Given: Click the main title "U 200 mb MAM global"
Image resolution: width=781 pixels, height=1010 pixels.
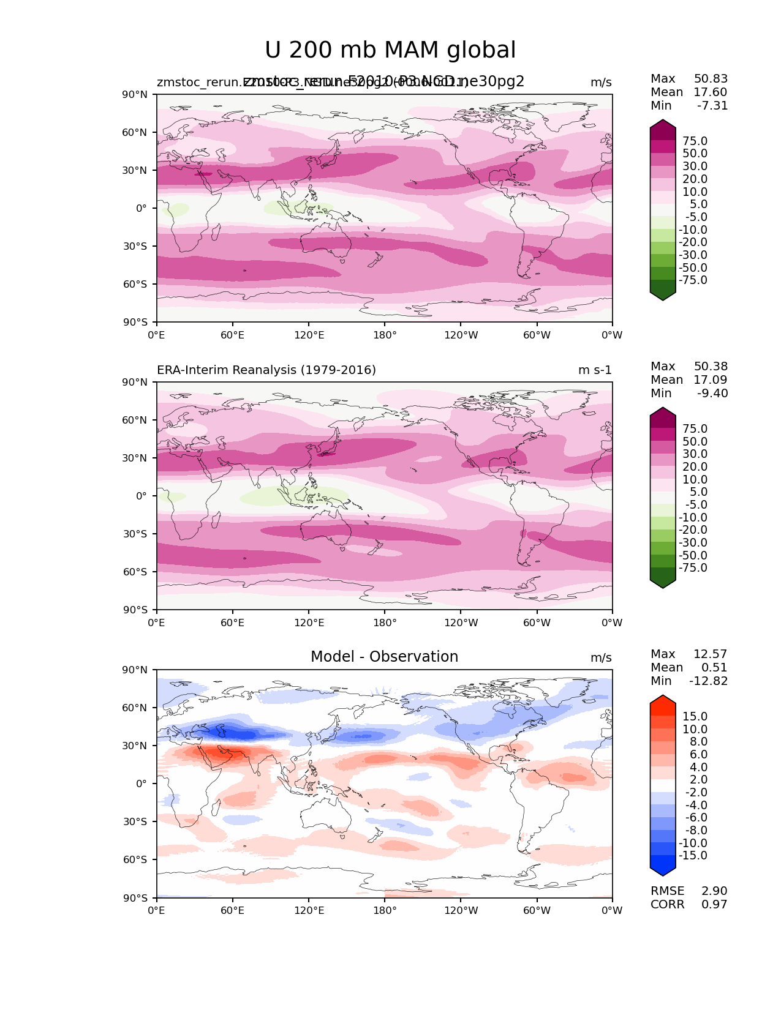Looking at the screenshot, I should (390, 50).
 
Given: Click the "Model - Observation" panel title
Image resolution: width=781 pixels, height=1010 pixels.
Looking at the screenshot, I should (384, 657).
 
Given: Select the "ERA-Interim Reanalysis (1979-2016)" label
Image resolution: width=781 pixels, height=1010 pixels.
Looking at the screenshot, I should (266, 370).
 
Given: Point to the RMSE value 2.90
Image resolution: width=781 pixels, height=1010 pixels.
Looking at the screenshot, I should (714, 891).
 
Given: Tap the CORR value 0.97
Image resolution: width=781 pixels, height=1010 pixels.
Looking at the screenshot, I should (714, 905).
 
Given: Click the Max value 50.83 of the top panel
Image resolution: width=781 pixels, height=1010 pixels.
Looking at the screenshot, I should (711, 79).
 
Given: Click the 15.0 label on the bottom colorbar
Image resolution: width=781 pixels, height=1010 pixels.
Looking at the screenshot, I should (695, 717).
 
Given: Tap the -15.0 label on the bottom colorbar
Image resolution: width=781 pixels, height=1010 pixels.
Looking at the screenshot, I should (693, 856).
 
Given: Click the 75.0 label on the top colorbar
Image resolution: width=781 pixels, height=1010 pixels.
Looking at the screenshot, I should (695, 141).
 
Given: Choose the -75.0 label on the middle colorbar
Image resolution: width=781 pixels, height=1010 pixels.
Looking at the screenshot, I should (693, 568).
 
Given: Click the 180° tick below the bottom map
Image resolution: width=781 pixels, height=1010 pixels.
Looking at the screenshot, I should (385, 911).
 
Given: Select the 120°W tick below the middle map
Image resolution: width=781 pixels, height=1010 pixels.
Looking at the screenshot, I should (461, 623).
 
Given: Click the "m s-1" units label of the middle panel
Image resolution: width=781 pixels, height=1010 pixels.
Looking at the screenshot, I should (595, 370).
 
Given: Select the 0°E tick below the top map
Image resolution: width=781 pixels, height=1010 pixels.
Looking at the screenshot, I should (157, 335).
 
